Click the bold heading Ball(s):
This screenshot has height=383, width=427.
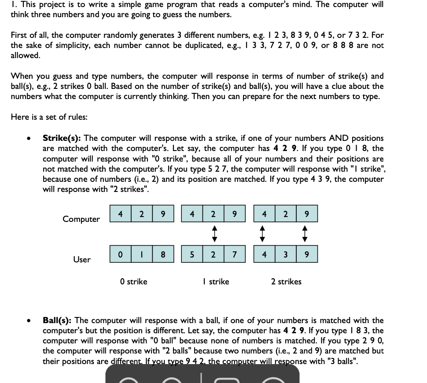click(58, 320)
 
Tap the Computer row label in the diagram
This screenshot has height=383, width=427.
click(81, 219)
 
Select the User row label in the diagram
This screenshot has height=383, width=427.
click(82, 259)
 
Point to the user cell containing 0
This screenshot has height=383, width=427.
click(121, 254)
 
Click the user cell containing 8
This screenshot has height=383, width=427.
click(163, 254)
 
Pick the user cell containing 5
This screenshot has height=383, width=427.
click(192, 254)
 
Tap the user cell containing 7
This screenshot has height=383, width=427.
click(235, 254)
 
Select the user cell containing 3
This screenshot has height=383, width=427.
click(285, 254)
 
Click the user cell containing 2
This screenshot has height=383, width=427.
click(213, 254)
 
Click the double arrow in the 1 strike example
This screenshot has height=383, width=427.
click(214, 234)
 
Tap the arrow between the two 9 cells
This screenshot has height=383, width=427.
click(306, 234)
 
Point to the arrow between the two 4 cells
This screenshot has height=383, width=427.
click(264, 234)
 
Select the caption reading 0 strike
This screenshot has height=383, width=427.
click(133, 282)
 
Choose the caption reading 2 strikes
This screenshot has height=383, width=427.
click(286, 282)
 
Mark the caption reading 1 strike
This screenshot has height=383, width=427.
click(216, 282)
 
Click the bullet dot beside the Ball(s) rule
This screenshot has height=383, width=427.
click(29, 321)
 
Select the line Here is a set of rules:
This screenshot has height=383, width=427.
click(49, 117)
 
